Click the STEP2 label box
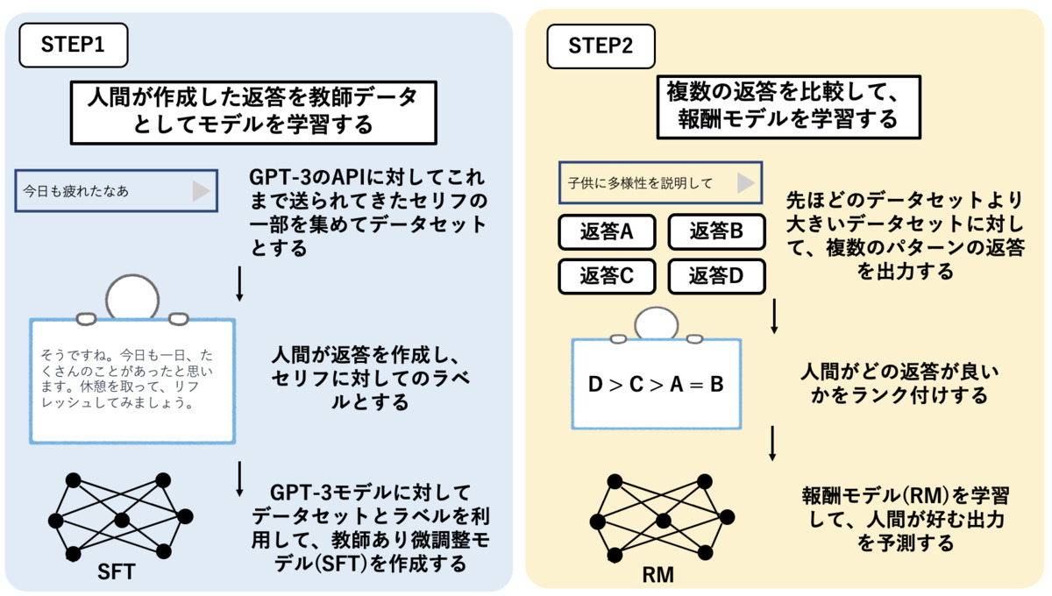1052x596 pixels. click(601, 46)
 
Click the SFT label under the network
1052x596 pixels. click(117, 573)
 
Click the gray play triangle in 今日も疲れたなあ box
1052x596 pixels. click(202, 191)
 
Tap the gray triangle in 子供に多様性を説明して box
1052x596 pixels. click(746, 183)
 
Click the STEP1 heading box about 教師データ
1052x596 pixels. click(252, 111)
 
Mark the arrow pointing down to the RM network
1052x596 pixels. click(773, 443)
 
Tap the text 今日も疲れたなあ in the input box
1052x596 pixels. click(75, 190)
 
